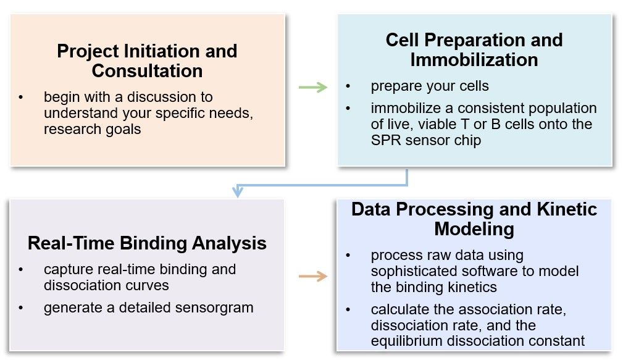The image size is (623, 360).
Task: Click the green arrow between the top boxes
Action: tap(312, 87)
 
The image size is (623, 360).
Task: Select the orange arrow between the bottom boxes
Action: tap(312, 276)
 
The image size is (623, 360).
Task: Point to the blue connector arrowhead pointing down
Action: tap(237, 192)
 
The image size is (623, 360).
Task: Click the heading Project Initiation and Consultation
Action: tap(147, 61)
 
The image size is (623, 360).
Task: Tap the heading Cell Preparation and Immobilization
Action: tap(474, 49)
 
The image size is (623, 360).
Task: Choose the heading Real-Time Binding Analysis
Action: tap(147, 243)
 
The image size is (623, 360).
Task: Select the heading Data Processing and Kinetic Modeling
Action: tap(474, 219)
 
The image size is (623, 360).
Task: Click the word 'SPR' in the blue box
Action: tap(387, 140)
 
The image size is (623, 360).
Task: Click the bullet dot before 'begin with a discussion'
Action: tap(22, 98)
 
